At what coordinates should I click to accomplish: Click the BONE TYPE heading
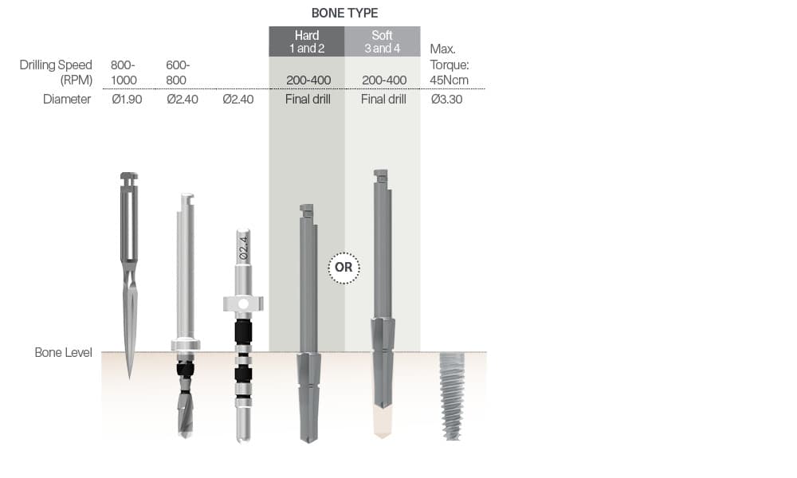(344, 13)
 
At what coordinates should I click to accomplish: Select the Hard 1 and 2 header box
(307, 41)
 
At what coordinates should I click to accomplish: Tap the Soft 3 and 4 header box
(383, 41)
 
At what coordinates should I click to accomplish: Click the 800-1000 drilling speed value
(124, 72)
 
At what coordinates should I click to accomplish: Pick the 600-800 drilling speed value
(178, 72)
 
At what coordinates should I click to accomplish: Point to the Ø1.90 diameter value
(127, 100)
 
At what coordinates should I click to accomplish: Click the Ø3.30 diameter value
(447, 100)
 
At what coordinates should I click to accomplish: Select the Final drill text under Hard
(308, 100)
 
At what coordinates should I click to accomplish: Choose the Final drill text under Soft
(383, 100)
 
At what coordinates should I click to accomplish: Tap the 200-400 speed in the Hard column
(308, 80)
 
